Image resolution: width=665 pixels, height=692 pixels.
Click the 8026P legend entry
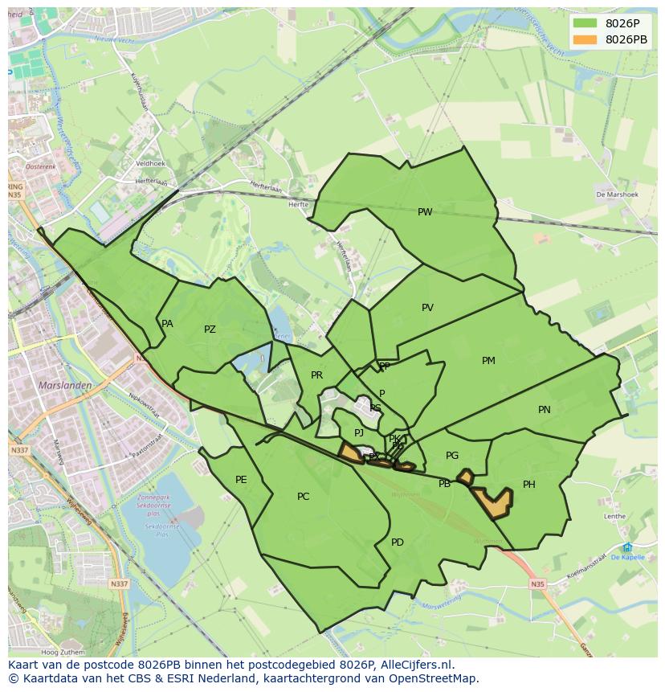611,23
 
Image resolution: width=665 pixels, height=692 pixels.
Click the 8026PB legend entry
611,39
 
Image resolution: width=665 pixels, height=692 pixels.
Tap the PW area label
425,212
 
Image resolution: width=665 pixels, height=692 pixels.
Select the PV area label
427,308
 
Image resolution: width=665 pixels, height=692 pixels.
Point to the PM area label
488,361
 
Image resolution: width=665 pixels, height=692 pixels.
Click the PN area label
545,410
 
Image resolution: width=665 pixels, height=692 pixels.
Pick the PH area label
528,485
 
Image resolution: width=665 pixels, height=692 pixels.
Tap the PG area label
452,456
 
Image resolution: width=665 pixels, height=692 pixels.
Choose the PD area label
398,543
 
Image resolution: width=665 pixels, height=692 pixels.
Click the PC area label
303,497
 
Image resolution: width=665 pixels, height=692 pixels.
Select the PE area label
241,480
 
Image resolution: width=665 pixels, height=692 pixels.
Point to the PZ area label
210,330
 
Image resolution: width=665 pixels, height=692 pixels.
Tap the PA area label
167,324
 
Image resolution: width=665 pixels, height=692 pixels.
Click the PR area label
316,375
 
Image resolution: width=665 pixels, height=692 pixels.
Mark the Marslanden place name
65,385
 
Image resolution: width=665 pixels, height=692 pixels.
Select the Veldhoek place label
150,163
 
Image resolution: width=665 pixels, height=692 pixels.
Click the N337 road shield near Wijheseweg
119,583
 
